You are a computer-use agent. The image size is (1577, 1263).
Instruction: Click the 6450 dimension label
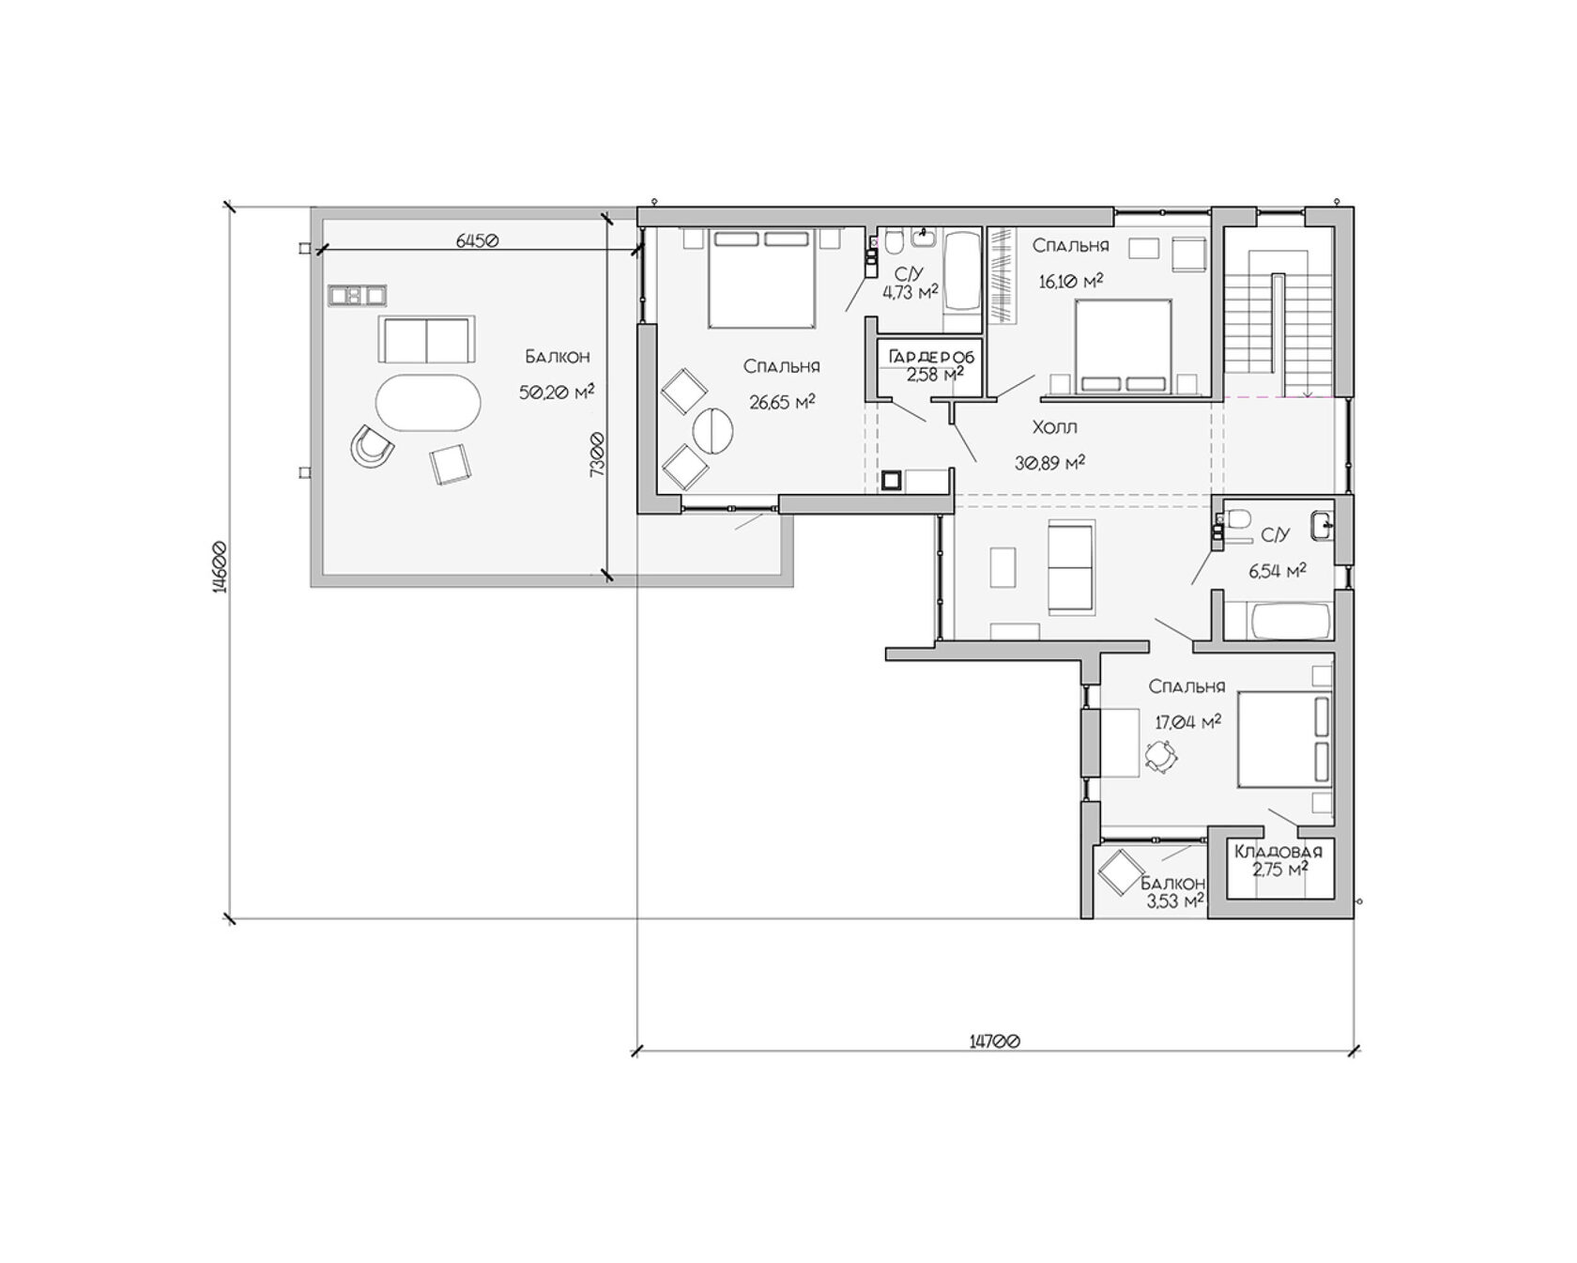[477, 240]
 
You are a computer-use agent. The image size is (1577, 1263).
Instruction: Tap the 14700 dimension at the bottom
[994, 1040]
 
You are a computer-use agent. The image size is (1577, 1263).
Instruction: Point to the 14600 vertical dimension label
[220, 567]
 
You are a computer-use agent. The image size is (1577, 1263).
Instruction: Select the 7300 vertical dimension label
[596, 454]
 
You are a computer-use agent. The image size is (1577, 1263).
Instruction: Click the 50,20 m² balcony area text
[557, 392]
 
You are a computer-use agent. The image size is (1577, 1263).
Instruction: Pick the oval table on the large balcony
[428, 404]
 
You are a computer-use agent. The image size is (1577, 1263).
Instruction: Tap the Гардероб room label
[931, 358]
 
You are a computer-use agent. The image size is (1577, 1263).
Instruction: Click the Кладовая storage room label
[1278, 852]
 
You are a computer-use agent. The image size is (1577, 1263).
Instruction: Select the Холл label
[1054, 427]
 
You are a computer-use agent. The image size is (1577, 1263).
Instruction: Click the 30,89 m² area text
[1050, 462]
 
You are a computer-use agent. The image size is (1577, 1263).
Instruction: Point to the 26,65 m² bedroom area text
[782, 402]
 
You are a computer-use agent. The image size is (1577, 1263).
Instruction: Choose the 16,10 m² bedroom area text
[1070, 280]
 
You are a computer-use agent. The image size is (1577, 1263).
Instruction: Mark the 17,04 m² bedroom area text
[1187, 721]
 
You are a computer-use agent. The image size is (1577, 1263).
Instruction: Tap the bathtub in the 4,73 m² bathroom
[960, 272]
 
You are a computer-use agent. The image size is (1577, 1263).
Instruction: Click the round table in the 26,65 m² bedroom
[713, 432]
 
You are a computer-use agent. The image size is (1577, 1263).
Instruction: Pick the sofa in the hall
[1070, 567]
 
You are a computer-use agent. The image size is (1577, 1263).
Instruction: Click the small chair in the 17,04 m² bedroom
[1161, 756]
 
